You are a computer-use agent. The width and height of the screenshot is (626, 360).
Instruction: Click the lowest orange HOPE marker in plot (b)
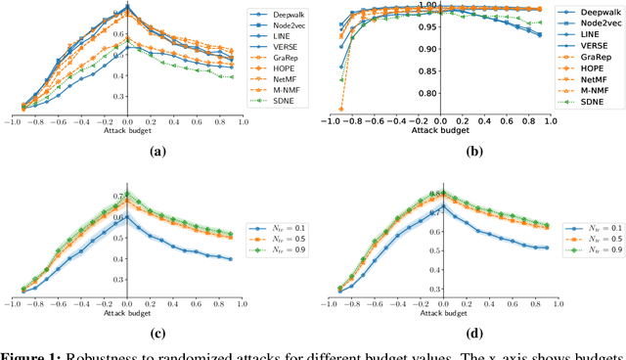pos(341,109)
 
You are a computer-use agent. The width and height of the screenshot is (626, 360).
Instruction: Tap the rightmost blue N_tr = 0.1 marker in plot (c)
pos(229,259)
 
